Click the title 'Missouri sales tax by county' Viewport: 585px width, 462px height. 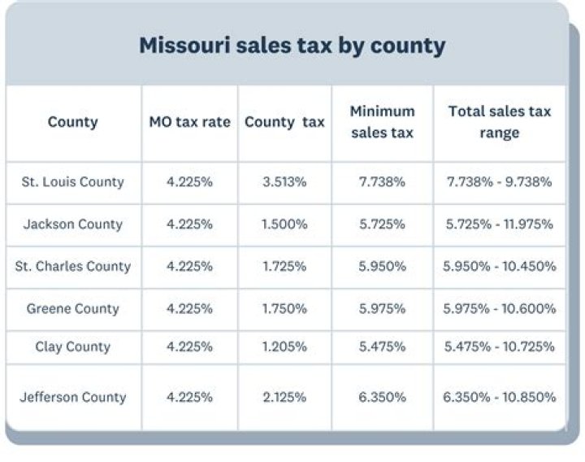[x=292, y=45]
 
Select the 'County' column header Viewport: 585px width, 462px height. [x=72, y=122]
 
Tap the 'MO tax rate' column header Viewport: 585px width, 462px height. [x=189, y=122]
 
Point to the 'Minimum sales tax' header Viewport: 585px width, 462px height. [x=382, y=122]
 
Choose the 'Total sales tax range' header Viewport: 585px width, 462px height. [x=499, y=122]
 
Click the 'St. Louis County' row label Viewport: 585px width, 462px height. [x=72, y=182]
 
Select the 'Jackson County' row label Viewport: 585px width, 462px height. [x=72, y=224]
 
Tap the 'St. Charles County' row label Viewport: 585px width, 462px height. [x=72, y=267]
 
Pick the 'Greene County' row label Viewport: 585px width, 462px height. [x=72, y=309]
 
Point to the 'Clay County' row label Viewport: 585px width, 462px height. [x=72, y=346]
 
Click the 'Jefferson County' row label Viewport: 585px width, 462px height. [x=72, y=398]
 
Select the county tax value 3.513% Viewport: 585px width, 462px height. [x=284, y=182]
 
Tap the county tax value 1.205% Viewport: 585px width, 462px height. [x=284, y=346]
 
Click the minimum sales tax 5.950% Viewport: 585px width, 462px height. [x=382, y=267]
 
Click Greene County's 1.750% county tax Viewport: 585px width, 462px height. [x=284, y=309]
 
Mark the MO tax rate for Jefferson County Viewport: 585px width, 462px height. [x=189, y=398]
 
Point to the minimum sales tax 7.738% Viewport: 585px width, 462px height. [x=382, y=182]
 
